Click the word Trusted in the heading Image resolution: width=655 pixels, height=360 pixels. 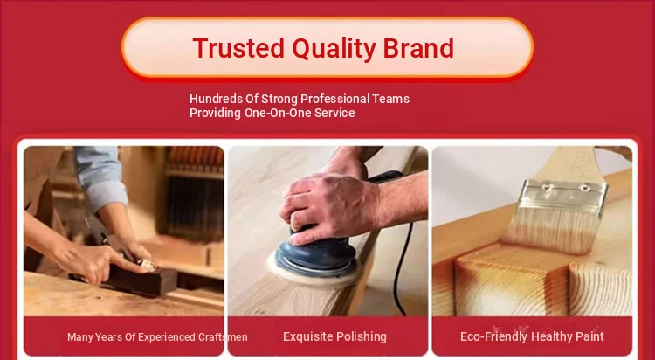coord(238,48)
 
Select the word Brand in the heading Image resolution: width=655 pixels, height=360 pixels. coord(418,48)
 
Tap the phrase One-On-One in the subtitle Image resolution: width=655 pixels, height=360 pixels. coord(279,113)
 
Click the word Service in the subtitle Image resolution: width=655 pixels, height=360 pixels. coord(334,113)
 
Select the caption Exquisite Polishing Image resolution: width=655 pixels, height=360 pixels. coord(334,336)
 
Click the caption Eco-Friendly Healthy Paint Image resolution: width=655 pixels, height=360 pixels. coord(532,336)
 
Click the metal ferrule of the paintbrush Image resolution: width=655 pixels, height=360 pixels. coord(564,197)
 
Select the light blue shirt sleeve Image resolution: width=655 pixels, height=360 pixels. coord(101,177)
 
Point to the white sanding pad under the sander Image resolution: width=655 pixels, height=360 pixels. coord(313,273)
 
